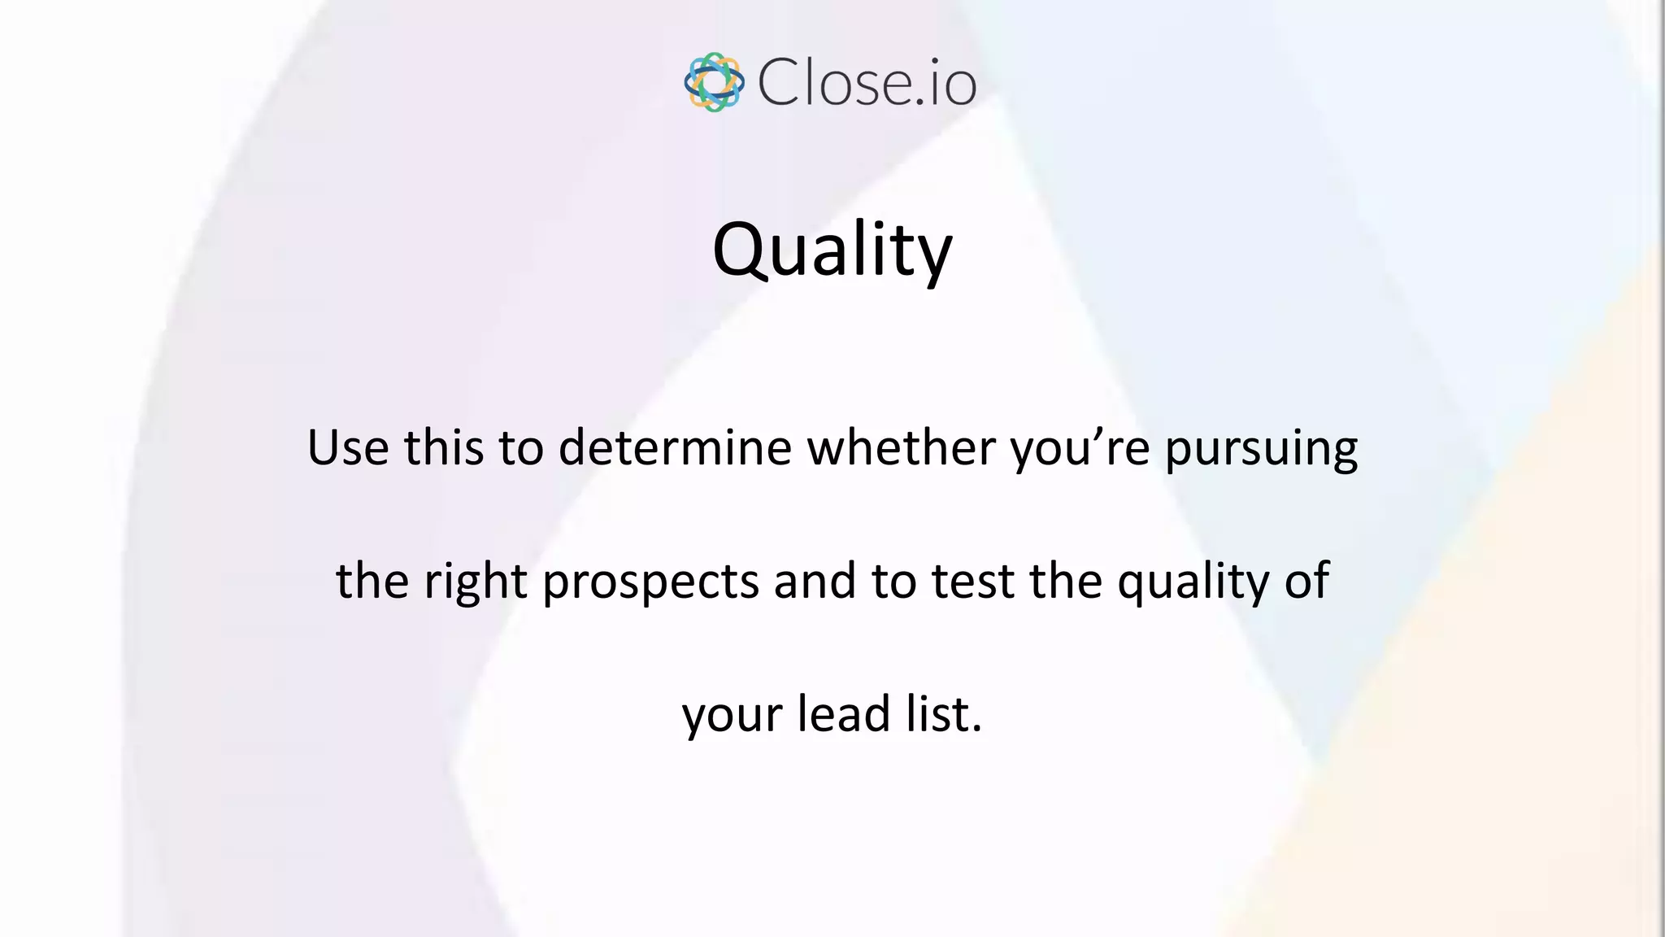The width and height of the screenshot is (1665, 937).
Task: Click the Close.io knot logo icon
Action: click(714, 82)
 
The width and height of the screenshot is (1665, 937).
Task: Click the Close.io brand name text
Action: click(867, 82)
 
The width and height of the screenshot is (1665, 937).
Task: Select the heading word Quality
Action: click(832, 249)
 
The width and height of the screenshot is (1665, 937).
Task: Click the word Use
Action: click(347, 447)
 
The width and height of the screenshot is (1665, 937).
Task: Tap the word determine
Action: click(675, 447)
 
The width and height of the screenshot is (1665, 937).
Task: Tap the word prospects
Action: click(650, 582)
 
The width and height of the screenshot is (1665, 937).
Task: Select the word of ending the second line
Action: click(1307, 581)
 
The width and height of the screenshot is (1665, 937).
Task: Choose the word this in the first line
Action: click(444, 447)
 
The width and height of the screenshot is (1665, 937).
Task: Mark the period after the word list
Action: click(977, 729)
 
